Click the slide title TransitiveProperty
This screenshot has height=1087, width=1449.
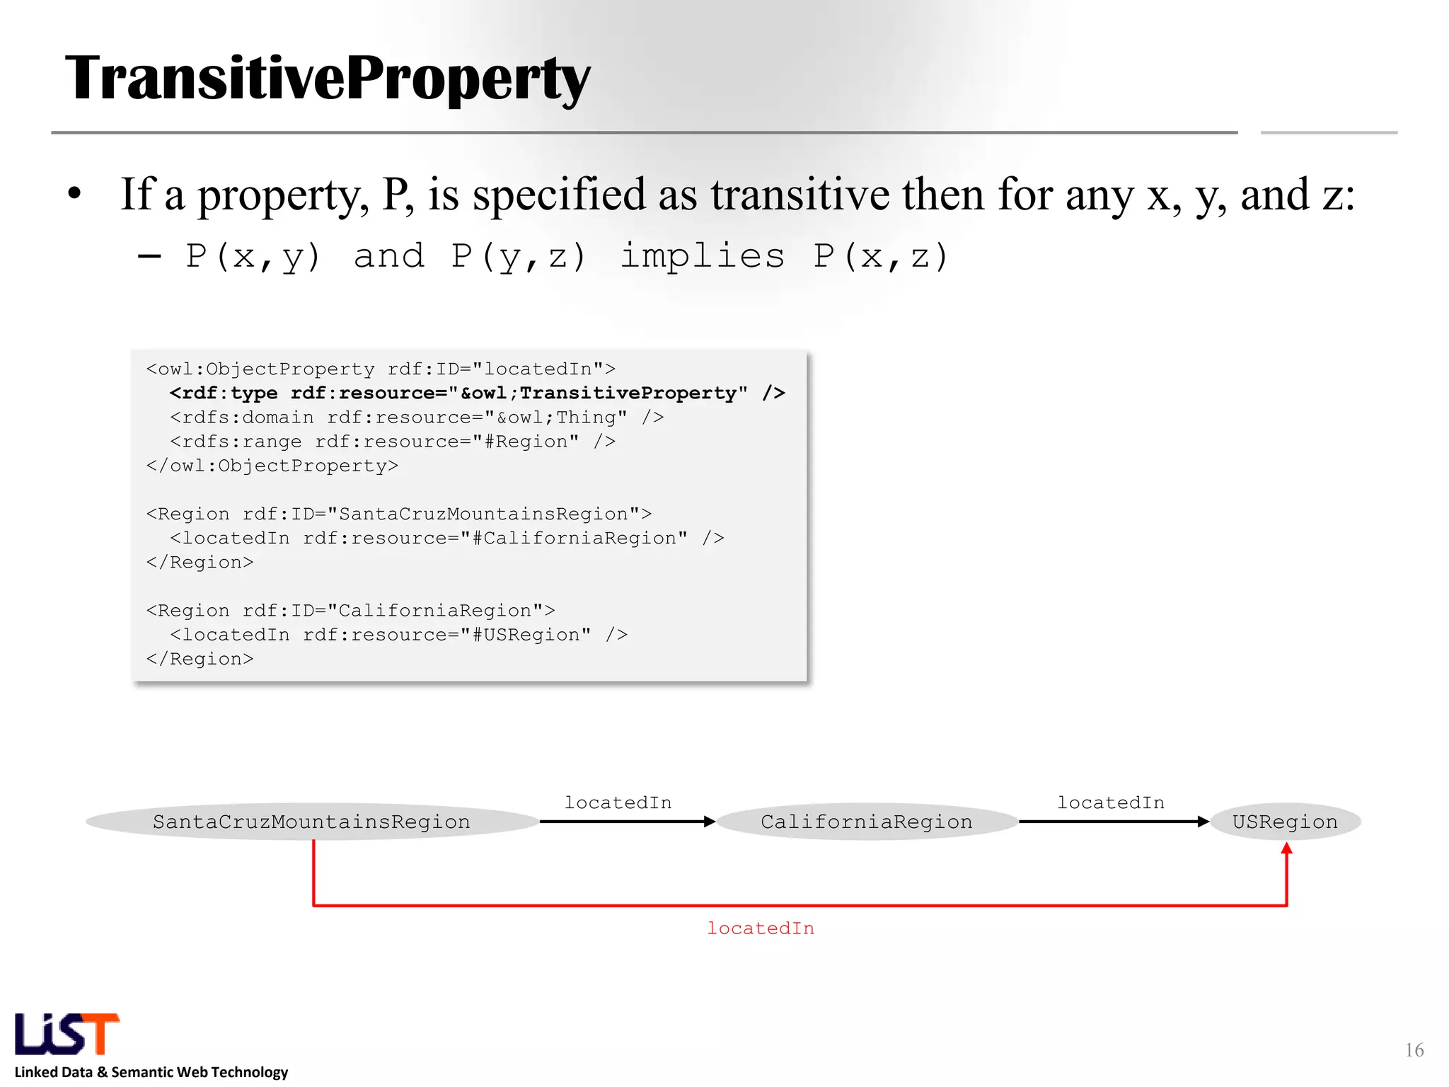(327, 79)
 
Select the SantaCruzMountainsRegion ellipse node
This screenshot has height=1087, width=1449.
(311, 822)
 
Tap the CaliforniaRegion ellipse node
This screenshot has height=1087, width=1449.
(867, 822)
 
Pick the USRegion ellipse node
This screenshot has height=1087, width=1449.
(1285, 822)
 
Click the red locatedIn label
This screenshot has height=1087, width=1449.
(761, 928)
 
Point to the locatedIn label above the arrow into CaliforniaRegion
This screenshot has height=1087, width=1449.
(618, 803)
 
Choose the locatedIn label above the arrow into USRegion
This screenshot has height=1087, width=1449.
(1111, 803)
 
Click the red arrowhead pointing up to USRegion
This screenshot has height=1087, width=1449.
(1286, 849)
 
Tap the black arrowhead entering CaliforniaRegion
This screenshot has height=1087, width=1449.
(710, 822)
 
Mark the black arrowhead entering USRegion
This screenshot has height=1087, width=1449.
(1203, 822)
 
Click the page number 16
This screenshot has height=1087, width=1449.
(1414, 1050)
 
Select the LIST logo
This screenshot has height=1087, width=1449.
(67, 1034)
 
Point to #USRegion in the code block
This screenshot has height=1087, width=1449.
(531, 635)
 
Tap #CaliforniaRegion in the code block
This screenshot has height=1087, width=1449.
(579, 539)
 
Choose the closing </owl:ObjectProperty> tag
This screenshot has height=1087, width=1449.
(272, 466)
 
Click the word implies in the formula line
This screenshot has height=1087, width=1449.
(702, 256)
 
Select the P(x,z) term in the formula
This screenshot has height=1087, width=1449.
(880, 256)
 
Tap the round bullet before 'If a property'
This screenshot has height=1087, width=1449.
(75, 194)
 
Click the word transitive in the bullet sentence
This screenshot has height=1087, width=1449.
(800, 195)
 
